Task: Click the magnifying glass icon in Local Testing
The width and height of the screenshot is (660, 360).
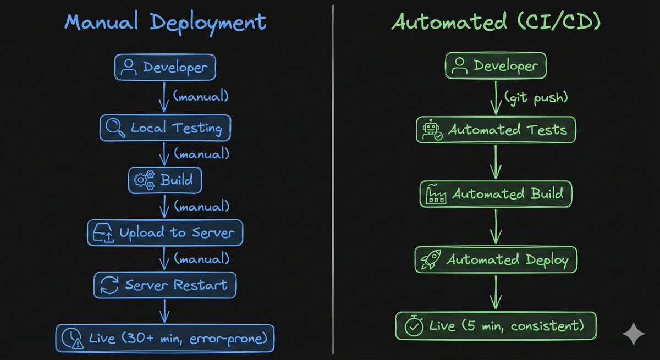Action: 115,128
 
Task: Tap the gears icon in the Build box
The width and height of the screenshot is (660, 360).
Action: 144,180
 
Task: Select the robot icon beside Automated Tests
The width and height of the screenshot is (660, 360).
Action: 432,130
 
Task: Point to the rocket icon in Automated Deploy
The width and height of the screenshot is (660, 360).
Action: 431,259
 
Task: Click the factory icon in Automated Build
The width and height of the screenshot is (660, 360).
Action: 436,193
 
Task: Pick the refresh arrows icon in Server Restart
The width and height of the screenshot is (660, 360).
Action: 109,285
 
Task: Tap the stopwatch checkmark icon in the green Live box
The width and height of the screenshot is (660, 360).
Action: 414,325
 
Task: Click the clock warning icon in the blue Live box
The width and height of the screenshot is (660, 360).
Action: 72,338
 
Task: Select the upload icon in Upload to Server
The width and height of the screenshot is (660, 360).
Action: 103,232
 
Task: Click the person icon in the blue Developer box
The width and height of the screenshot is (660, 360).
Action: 129,67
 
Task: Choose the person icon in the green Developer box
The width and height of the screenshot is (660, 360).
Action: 459,65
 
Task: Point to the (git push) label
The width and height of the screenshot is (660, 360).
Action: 536,97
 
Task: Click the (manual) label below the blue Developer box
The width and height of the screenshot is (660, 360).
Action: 201,96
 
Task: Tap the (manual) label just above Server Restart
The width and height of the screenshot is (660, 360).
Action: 202,258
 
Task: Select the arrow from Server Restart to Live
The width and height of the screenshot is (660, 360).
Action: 164,311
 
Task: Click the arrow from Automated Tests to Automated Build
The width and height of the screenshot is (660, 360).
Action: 496,162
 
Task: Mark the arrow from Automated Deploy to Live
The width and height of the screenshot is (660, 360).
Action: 496,292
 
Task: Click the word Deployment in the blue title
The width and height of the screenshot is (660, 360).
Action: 208,23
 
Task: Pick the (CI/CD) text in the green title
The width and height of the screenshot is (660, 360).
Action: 559,21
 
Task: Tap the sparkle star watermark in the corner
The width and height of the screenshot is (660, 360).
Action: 634,334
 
